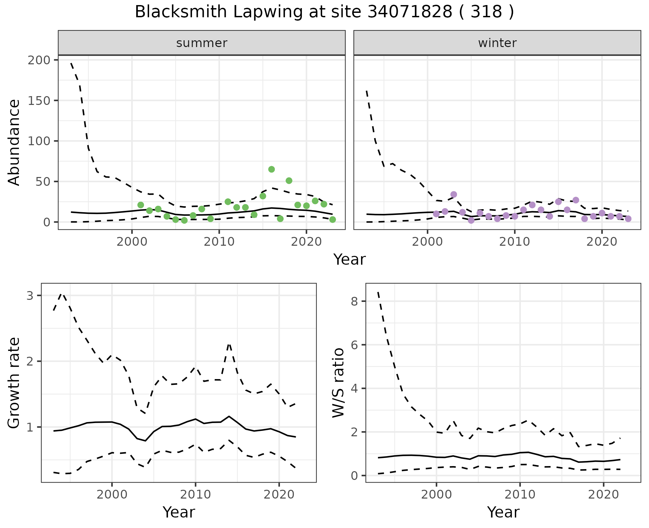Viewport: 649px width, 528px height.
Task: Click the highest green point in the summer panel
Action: tap(271, 169)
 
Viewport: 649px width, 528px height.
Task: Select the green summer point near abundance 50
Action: tap(289, 181)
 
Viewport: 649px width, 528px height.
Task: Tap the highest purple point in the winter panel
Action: tap(454, 194)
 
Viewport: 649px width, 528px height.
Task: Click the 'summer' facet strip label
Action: tap(202, 43)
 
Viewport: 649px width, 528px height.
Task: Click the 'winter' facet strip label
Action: tap(497, 43)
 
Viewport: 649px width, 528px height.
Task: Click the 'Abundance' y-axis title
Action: tap(14, 142)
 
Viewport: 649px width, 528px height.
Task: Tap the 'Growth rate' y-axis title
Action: tap(14, 383)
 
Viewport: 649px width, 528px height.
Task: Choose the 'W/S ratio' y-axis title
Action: tap(338, 383)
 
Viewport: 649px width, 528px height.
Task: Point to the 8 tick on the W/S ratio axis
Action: tap(355, 301)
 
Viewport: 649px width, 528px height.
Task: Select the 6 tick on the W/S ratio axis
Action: tap(355, 345)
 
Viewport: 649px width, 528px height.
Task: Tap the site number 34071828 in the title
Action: tap(409, 12)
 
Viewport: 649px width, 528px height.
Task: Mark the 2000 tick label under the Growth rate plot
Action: tap(112, 494)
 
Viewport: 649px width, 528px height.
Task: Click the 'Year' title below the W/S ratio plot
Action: tap(503, 512)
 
